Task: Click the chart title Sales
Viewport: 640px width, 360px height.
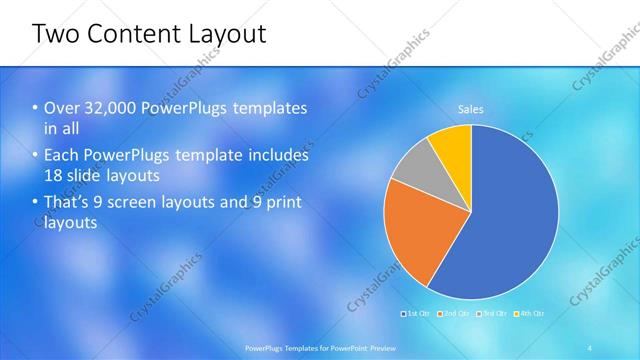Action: click(x=471, y=108)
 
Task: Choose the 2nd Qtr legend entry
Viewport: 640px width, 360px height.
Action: click(x=455, y=314)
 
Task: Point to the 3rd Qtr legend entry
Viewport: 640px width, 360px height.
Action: click(x=492, y=314)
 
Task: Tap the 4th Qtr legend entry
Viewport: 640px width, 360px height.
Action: click(x=529, y=314)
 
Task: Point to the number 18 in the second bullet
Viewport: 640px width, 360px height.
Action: click(x=54, y=175)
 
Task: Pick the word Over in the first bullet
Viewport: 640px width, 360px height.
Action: click(x=60, y=109)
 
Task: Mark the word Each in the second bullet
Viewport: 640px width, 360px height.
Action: click(x=62, y=156)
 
